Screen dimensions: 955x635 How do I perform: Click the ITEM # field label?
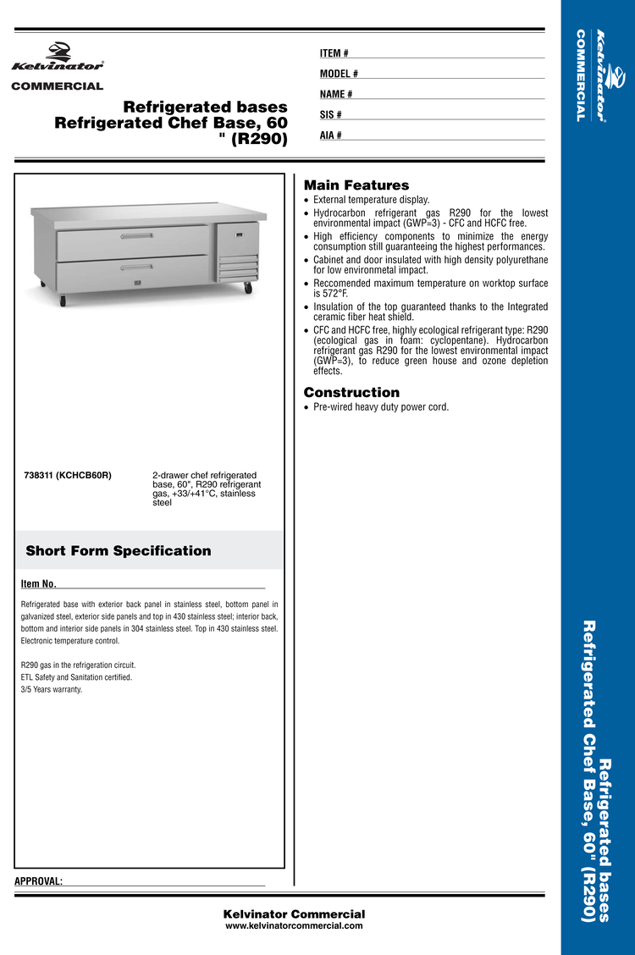tap(334, 54)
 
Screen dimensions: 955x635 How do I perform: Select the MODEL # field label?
tap(339, 75)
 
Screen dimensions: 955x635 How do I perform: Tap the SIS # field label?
tap(331, 115)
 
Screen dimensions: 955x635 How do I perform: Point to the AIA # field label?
tap(331, 135)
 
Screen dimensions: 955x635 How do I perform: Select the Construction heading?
tap(351, 392)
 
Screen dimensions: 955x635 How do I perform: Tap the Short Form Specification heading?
tap(119, 551)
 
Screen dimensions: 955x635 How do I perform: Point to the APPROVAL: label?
tap(39, 881)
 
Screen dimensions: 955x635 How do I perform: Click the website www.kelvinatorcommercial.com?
tap(294, 926)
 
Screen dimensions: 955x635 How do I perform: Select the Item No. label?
tap(38, 584)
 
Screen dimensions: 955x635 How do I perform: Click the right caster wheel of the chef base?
tap(248, 289)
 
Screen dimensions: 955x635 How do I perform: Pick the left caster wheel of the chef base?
tap(62, 300)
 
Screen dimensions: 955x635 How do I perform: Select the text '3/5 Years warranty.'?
tap(52, 689)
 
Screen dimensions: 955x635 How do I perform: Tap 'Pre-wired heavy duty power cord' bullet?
tap(380, 407)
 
